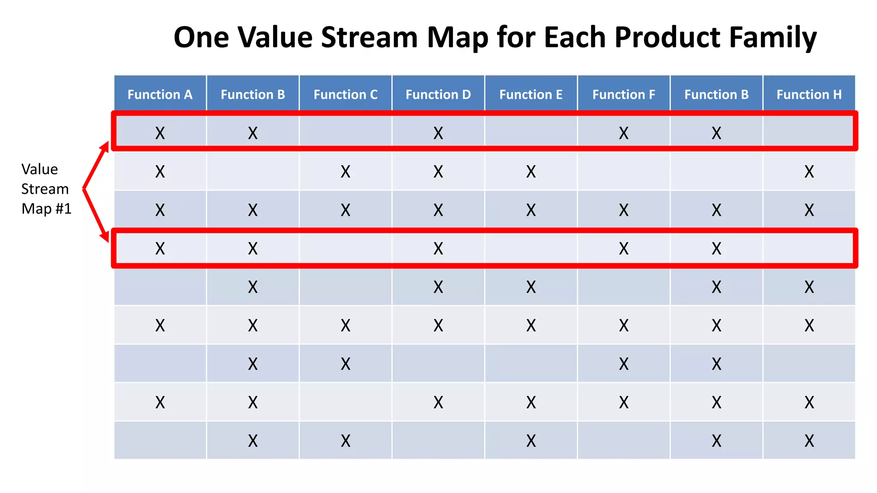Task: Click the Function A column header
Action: tap(160, 94)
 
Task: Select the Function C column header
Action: tap(345, 94)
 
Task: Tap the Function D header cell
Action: tap(438, 94)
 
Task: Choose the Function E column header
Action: tap(531, 94)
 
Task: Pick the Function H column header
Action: tap(809, 94)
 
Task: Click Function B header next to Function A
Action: tap(253, 94)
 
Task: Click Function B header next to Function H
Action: tap(716, 94)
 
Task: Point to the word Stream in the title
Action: tap(369, 37)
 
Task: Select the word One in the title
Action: tap(201, 37)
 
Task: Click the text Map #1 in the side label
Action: tap(46, 209)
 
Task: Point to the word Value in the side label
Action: tap(39, 169)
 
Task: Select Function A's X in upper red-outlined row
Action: tap(160, 133)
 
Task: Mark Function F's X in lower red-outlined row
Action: tap(623, 249)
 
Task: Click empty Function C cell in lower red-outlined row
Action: tap(345, 249)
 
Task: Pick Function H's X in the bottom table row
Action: tap(809, 441)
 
